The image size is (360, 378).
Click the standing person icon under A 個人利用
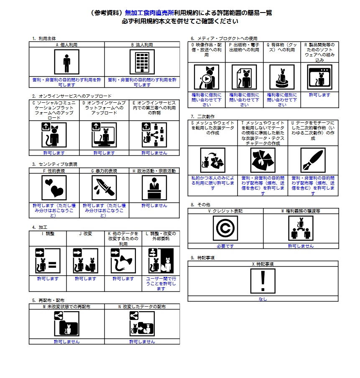[x=66, y=62]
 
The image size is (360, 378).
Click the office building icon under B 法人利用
[x=142, y=62]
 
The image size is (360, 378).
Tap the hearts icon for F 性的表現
[x=54, y=188]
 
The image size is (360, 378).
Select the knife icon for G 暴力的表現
[x=104, y=188]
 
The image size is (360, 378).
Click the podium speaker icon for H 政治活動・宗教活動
[x=154, y=188]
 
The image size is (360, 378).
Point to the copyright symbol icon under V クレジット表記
[x=225, y=228]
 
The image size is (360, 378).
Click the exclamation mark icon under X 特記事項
[x=263, y=281]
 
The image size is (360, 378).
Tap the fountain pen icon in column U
[x=313, y=160]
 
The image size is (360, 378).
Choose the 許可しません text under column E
[x=154, y=153]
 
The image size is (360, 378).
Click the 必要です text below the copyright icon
[x=225, y=246]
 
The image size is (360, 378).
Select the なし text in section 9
[x=263, y=299]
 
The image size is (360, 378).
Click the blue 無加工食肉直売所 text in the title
[x=150, y=13]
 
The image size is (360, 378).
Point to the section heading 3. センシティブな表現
[x=55, y=164]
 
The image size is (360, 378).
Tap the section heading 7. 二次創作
[x=203, y=117]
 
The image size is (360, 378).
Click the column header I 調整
[x=48, y=233]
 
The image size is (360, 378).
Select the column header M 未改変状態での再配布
[x=66, y=307]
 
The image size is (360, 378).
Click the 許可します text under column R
[x=320, y=95]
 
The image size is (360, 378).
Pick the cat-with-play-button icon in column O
[x=207, y=77]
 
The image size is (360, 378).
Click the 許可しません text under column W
[x=301, y=246]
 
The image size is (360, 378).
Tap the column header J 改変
[x=86, y=233]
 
